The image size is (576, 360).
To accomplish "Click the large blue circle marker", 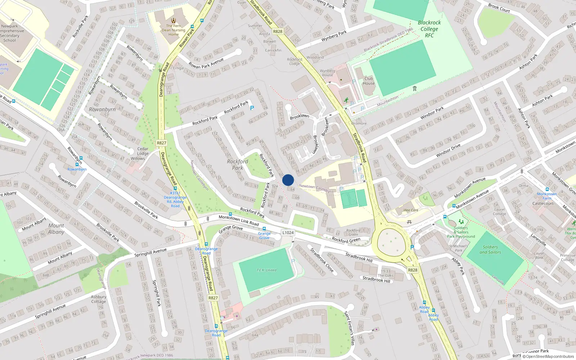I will [x=288, y=180].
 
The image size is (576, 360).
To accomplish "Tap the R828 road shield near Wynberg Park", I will [x=278, y=31].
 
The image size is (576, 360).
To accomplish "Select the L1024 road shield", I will [x=288, y=233].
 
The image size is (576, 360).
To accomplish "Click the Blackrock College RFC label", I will [x=429, y=29].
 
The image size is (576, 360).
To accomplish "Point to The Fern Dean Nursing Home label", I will [x=174, y=30].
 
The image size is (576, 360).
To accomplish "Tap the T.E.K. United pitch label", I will [x=266, y=270].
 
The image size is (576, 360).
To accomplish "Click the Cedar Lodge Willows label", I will [x=142, y=153].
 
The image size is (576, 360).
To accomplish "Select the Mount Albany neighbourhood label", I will [x=56, y=229].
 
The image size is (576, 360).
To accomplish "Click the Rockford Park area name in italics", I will [x=237, y=165].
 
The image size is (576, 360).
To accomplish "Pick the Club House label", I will [x=369, y=81].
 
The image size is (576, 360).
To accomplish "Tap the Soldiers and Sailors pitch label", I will [x=490, y=249].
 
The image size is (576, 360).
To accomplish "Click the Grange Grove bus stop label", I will [x=264, y=235].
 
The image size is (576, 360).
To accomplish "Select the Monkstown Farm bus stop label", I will [x=547, y=196].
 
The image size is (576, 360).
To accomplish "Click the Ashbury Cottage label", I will [x=98, y=299].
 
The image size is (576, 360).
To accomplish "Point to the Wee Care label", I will [x=411, y=210].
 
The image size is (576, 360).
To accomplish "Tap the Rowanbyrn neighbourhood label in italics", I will [x=102, y=109].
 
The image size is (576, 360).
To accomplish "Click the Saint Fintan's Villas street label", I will [x=350, y=328].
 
